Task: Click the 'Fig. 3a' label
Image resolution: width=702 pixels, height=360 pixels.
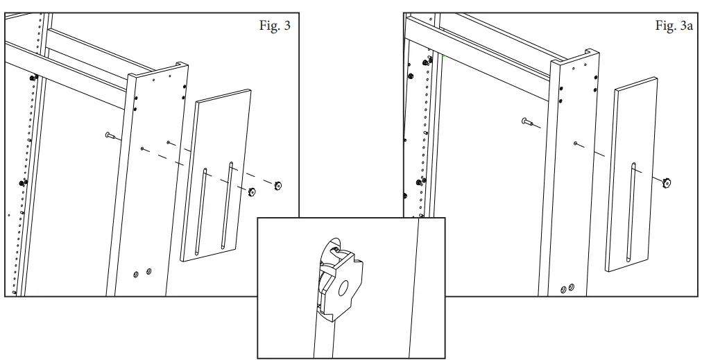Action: point(674,26)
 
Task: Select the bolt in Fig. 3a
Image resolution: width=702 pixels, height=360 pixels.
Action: point(527,122)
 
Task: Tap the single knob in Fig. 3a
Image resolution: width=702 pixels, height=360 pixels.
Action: point(668,183)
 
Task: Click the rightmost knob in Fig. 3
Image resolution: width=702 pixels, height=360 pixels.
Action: point(278,185)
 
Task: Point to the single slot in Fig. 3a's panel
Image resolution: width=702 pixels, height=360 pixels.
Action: point(631,211)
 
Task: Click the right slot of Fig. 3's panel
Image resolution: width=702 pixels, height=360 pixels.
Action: point(227,206)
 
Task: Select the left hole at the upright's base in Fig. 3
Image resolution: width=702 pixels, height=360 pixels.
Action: point(136,274)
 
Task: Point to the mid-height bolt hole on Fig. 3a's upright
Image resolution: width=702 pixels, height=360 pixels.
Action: point(576,143)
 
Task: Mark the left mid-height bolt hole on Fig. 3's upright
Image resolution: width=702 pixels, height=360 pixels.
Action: point(142,148)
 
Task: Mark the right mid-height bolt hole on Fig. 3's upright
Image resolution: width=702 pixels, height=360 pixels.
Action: point(169,142)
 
